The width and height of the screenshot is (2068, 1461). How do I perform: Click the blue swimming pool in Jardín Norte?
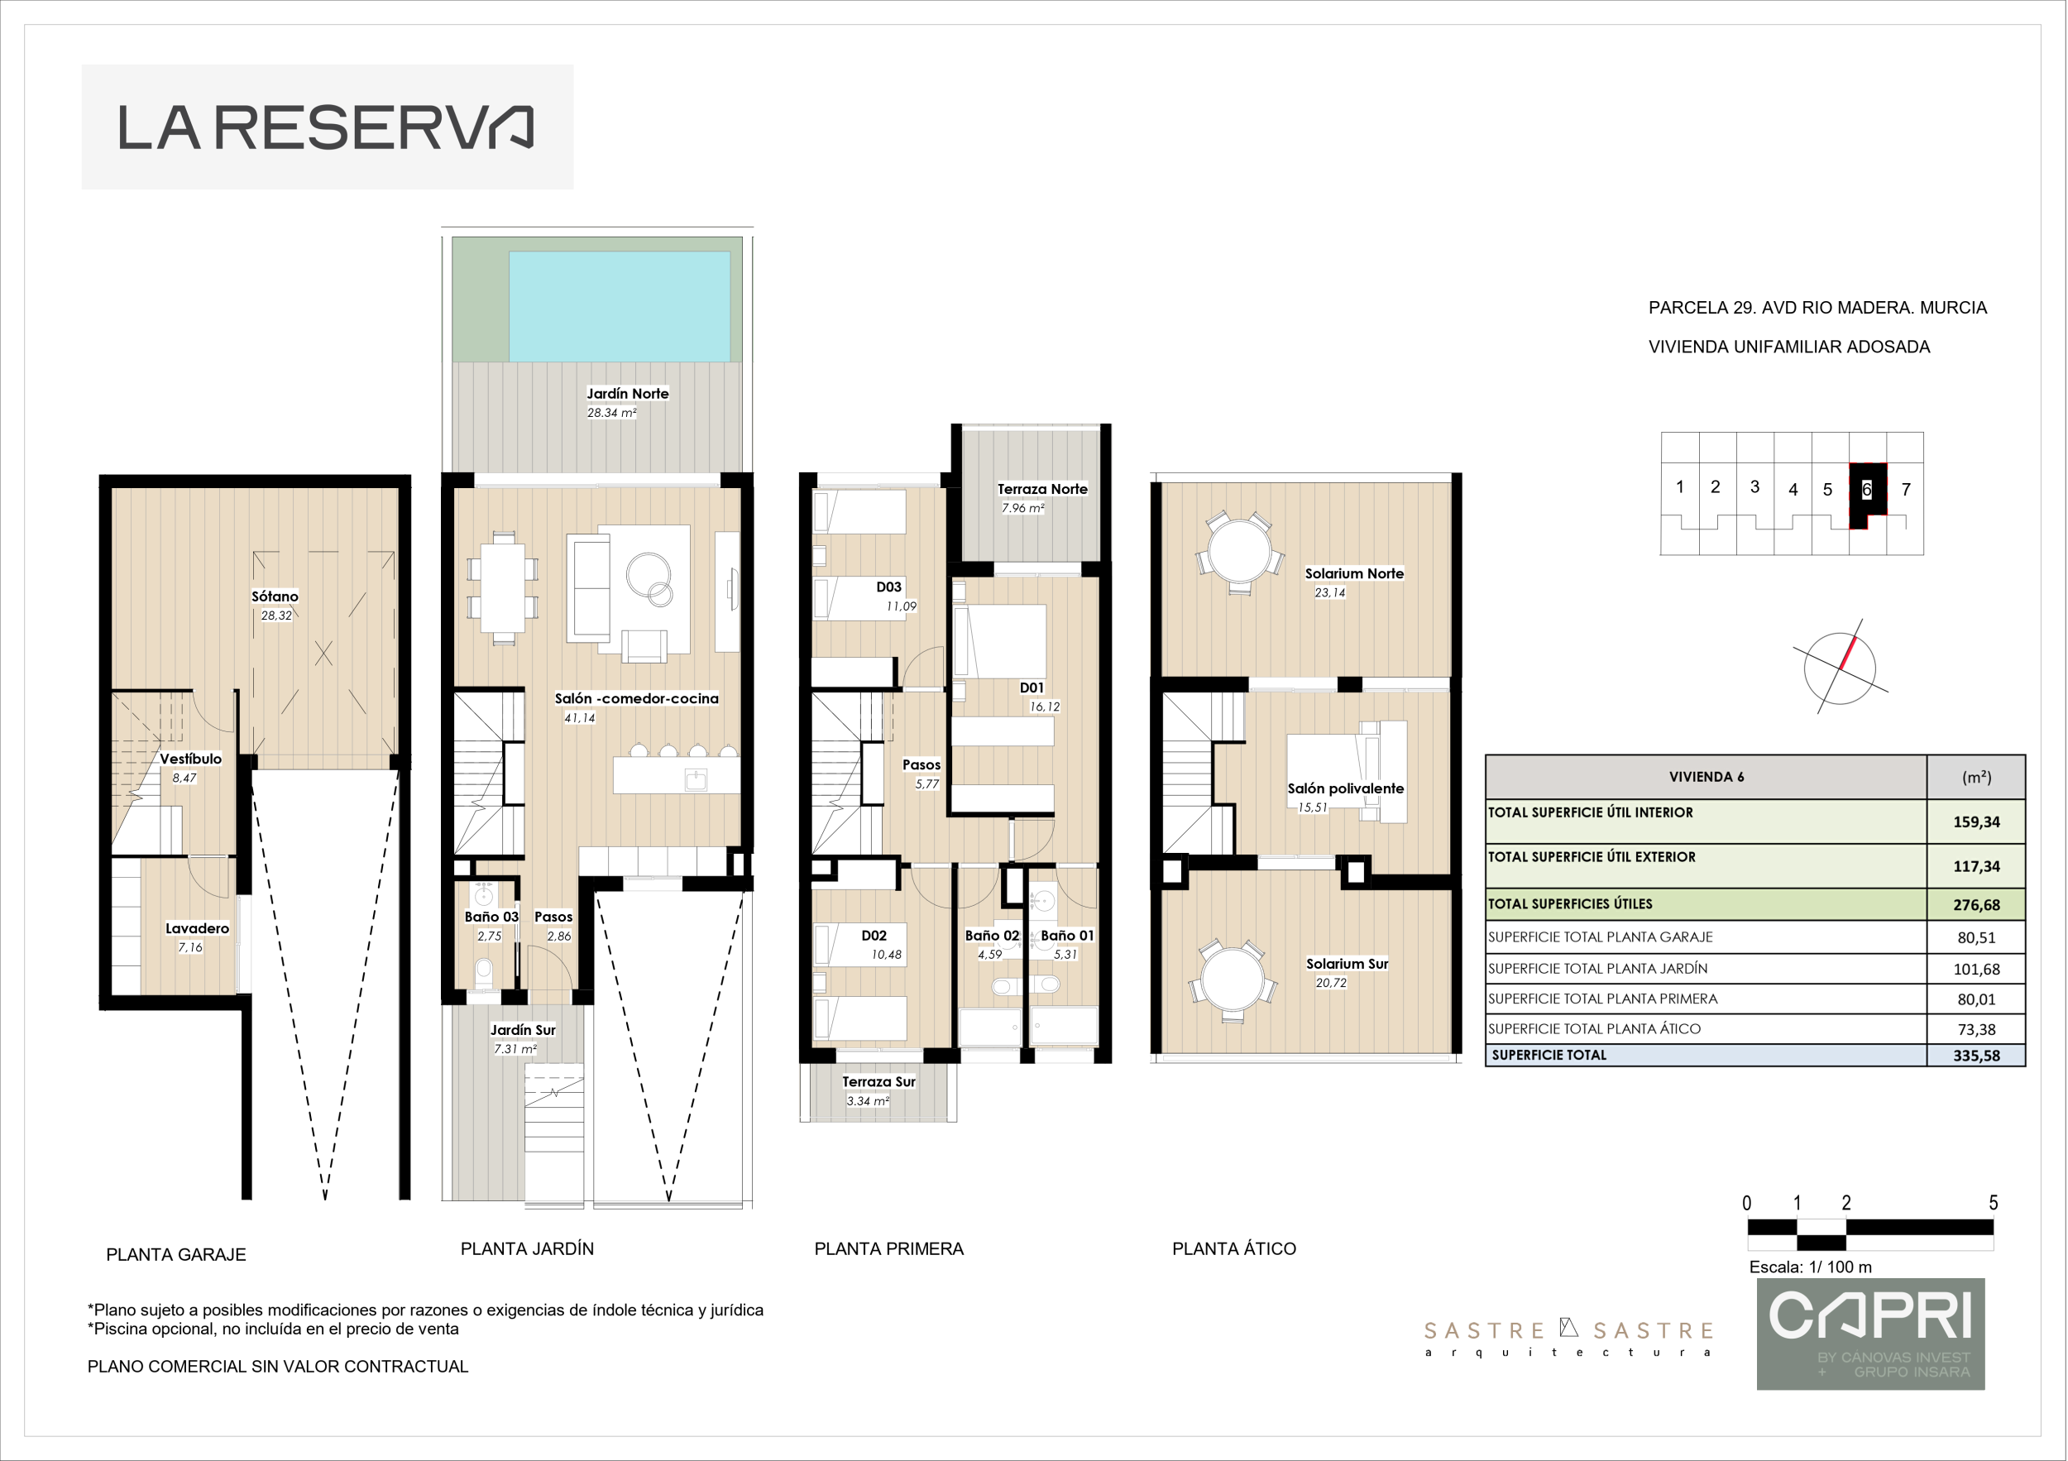click(x=620, y=306)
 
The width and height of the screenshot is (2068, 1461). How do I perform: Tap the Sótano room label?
click(x=275, y=596)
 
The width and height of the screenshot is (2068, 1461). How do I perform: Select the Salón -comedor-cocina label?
click(x=637, y=698)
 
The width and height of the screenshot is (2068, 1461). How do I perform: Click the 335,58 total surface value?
click(x=1976, y=1056)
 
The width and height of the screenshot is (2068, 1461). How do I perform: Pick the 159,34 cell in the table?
click(x=1976, y=822)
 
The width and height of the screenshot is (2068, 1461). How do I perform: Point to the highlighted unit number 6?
click(x=1866, y=489)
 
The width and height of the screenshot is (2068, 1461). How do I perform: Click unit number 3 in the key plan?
click(x=1754, y=486)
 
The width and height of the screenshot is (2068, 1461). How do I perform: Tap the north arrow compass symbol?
click(x=1841, y=668)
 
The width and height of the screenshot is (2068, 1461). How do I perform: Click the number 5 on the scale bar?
click(x=1994, y=1203)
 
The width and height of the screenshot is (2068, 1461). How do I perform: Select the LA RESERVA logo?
click(x=327, y=127)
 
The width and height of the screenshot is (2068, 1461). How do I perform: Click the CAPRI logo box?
click(x=1871, y=1334)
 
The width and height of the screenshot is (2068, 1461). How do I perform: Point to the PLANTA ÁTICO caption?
click(x=1234, y=1248)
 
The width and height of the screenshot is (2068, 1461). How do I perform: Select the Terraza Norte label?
click(x=1042, y=489)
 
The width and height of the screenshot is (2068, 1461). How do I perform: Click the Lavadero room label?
click(x=197, y=929)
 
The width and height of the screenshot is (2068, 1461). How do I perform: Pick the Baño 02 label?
click(x=992, y=936)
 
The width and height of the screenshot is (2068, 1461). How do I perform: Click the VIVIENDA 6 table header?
click(x=1706, y=777)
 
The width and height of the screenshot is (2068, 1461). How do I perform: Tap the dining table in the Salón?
click(x=504, y=588)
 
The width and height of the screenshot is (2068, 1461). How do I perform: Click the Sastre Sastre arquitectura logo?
click(x=1568, y=1338)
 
